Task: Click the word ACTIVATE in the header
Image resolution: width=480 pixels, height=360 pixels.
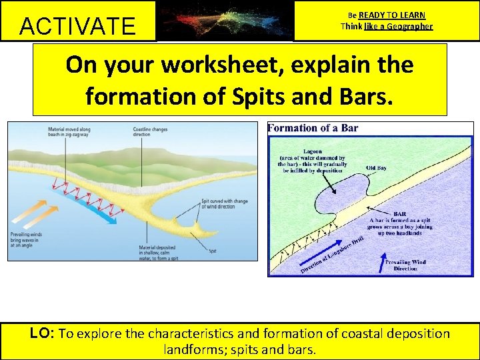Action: (77, 26)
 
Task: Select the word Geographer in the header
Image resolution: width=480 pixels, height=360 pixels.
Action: (407, 27)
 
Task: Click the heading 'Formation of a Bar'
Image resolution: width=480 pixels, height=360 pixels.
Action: (313, 128)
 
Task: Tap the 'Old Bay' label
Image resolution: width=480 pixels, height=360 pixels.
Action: (378, 167)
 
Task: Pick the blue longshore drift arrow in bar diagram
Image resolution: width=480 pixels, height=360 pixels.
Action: (327, 253)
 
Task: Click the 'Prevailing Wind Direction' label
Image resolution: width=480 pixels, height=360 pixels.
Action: (406, 265)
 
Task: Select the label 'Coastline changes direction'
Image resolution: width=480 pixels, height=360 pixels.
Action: (172, 133)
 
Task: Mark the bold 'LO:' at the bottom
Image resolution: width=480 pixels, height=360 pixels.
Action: (43, 333)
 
